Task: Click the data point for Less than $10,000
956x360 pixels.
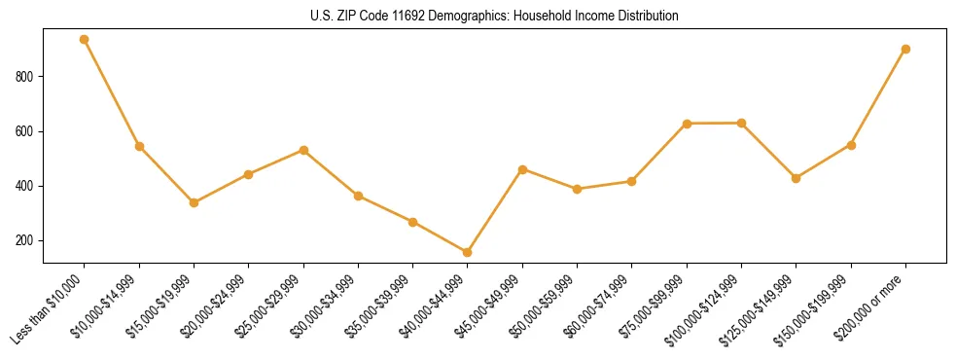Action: point(85,40)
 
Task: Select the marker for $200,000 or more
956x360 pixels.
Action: point(905,49)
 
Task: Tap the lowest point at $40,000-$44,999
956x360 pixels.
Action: point(468,252)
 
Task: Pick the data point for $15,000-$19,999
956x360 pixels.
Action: point(194,202)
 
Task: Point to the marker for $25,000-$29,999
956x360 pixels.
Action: point(303,150)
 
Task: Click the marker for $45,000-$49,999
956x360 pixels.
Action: point(522,169)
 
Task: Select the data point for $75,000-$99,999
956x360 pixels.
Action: point(687,124)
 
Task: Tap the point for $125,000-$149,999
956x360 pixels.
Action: point(797,178)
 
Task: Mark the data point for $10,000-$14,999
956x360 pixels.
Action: point(139,146)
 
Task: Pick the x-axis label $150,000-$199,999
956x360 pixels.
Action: point(817,306)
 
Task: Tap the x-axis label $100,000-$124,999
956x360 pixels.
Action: point(707,306)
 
